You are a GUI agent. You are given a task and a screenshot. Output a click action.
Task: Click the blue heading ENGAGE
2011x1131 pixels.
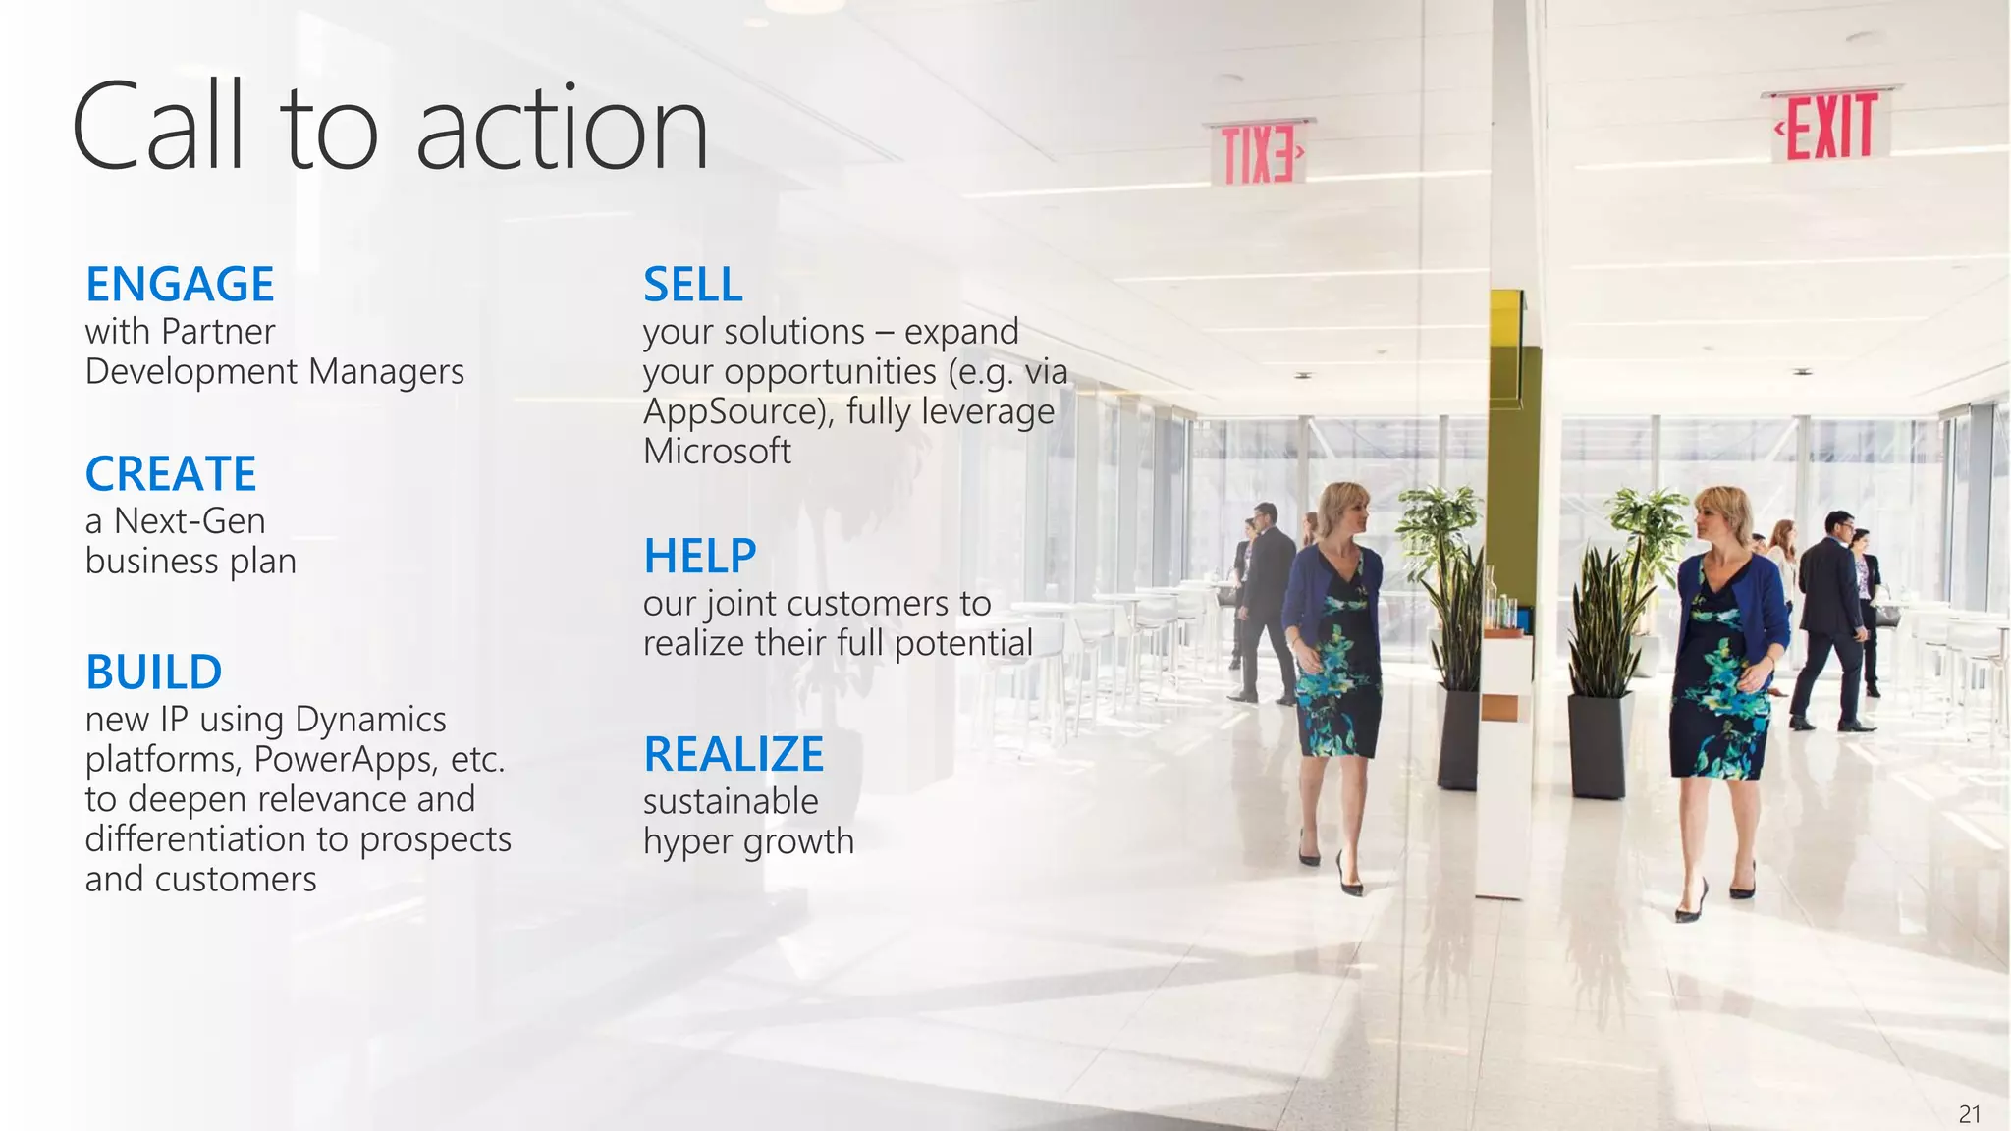(180, 285)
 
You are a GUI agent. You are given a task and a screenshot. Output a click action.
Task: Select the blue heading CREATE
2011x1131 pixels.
(171, 474)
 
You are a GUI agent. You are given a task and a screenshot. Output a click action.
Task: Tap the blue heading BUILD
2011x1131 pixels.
(154, 673)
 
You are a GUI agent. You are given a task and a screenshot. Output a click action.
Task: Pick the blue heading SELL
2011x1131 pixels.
(693, 285)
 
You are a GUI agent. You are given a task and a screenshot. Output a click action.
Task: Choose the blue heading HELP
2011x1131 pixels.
(700, 557)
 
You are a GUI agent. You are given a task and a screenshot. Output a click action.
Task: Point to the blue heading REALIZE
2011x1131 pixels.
(734, 755)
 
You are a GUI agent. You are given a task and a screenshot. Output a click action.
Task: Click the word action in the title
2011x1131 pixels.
(562, 129)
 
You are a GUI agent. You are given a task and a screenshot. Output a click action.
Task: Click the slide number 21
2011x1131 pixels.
(1969, 1114)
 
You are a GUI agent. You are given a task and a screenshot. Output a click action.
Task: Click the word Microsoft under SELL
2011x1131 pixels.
(717, 452)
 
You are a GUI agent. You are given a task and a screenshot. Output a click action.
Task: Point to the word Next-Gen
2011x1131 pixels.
(190, 521)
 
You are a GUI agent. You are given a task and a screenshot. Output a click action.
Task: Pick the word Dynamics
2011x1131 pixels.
(370, 720)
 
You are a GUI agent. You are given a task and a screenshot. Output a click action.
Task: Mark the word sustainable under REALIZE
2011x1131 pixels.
(731, 802)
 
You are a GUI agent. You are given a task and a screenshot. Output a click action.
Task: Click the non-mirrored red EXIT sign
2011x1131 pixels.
(1830, 127)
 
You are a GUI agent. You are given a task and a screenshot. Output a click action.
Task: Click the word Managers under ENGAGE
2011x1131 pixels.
(386, 372)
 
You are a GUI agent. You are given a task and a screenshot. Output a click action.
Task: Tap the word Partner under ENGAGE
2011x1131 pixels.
(218, 332)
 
